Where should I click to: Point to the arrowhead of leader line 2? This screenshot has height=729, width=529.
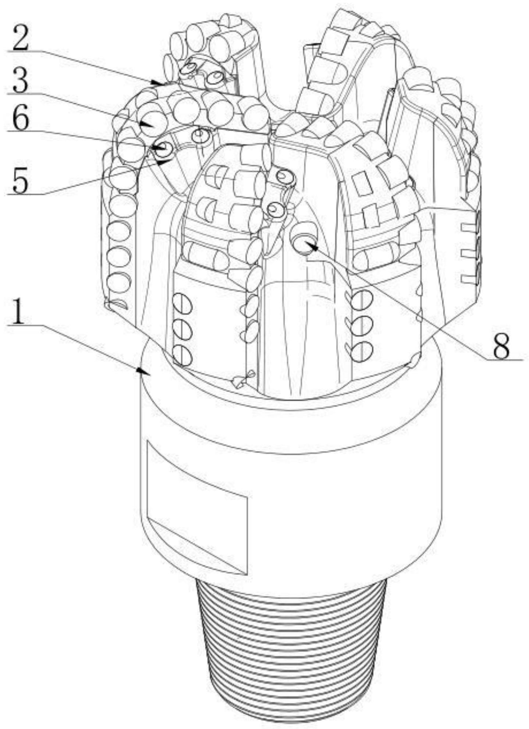coord(159,82)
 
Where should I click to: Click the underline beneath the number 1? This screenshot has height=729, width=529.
coord(23,325)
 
